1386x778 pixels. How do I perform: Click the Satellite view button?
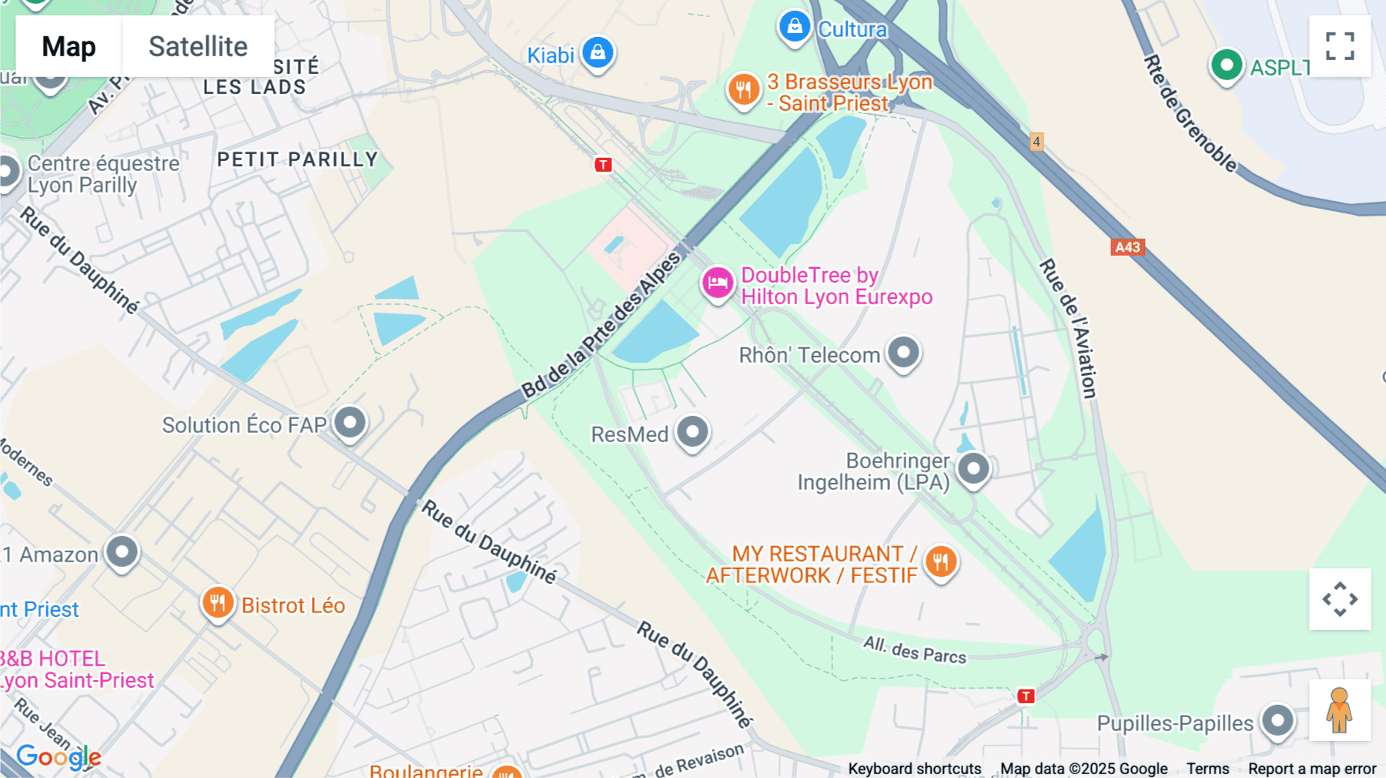[198, 46]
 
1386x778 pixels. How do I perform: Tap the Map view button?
[69, 46]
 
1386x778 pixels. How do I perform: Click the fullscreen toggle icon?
[1340, 46]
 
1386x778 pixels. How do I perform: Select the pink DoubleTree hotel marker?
[717, 283]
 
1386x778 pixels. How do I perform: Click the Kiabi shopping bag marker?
[598, 52]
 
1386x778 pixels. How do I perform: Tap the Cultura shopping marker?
[794, 27]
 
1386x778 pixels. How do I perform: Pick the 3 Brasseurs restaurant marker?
[743, 89]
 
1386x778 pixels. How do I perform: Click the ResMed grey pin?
[692, 431]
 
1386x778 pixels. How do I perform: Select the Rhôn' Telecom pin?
[903, 353]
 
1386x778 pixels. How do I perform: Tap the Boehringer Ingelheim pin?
[973, 468]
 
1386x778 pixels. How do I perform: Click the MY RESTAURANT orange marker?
[940, 562]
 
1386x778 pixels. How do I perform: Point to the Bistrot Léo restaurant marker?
[218, 602]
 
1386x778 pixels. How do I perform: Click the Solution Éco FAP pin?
[350, 422]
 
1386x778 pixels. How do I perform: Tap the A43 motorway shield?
[1127, 247]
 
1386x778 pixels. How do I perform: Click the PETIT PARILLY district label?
[297, 159]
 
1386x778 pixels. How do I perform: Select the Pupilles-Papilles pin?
[1277, 721]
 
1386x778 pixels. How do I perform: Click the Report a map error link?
[1311, 769]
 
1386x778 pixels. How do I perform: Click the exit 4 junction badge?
[1036, 142]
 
